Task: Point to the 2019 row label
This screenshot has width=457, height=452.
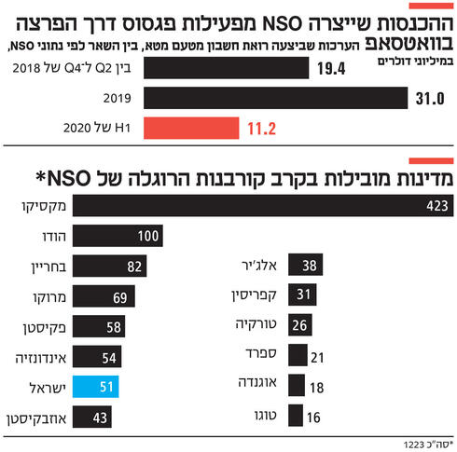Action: [117, 97]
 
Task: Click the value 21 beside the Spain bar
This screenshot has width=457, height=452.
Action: [316, 356]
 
